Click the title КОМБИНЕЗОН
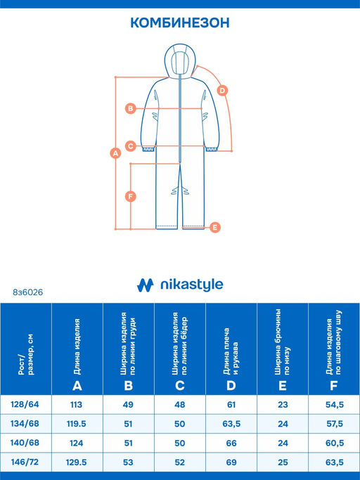point(180,23)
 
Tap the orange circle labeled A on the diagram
point(115,153)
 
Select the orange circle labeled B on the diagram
point(131,108)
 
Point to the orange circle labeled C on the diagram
point(131,146)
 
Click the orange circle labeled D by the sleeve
point(222,91)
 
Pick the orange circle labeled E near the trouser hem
point(215,228)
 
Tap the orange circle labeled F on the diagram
point(131,197)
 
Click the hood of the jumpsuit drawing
point(179,60)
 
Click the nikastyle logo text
point(192,285)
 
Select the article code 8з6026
point(28,292)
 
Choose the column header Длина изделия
point(77,347)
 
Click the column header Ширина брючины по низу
point(282,342)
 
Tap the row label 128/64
point(25,404)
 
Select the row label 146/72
point(25,462)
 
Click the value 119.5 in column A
point(77,424)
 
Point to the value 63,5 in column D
point(231,424)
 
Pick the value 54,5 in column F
point(335,405)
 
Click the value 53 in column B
point(128,462)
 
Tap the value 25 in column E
point(283,462)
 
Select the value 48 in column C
point(180,405)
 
